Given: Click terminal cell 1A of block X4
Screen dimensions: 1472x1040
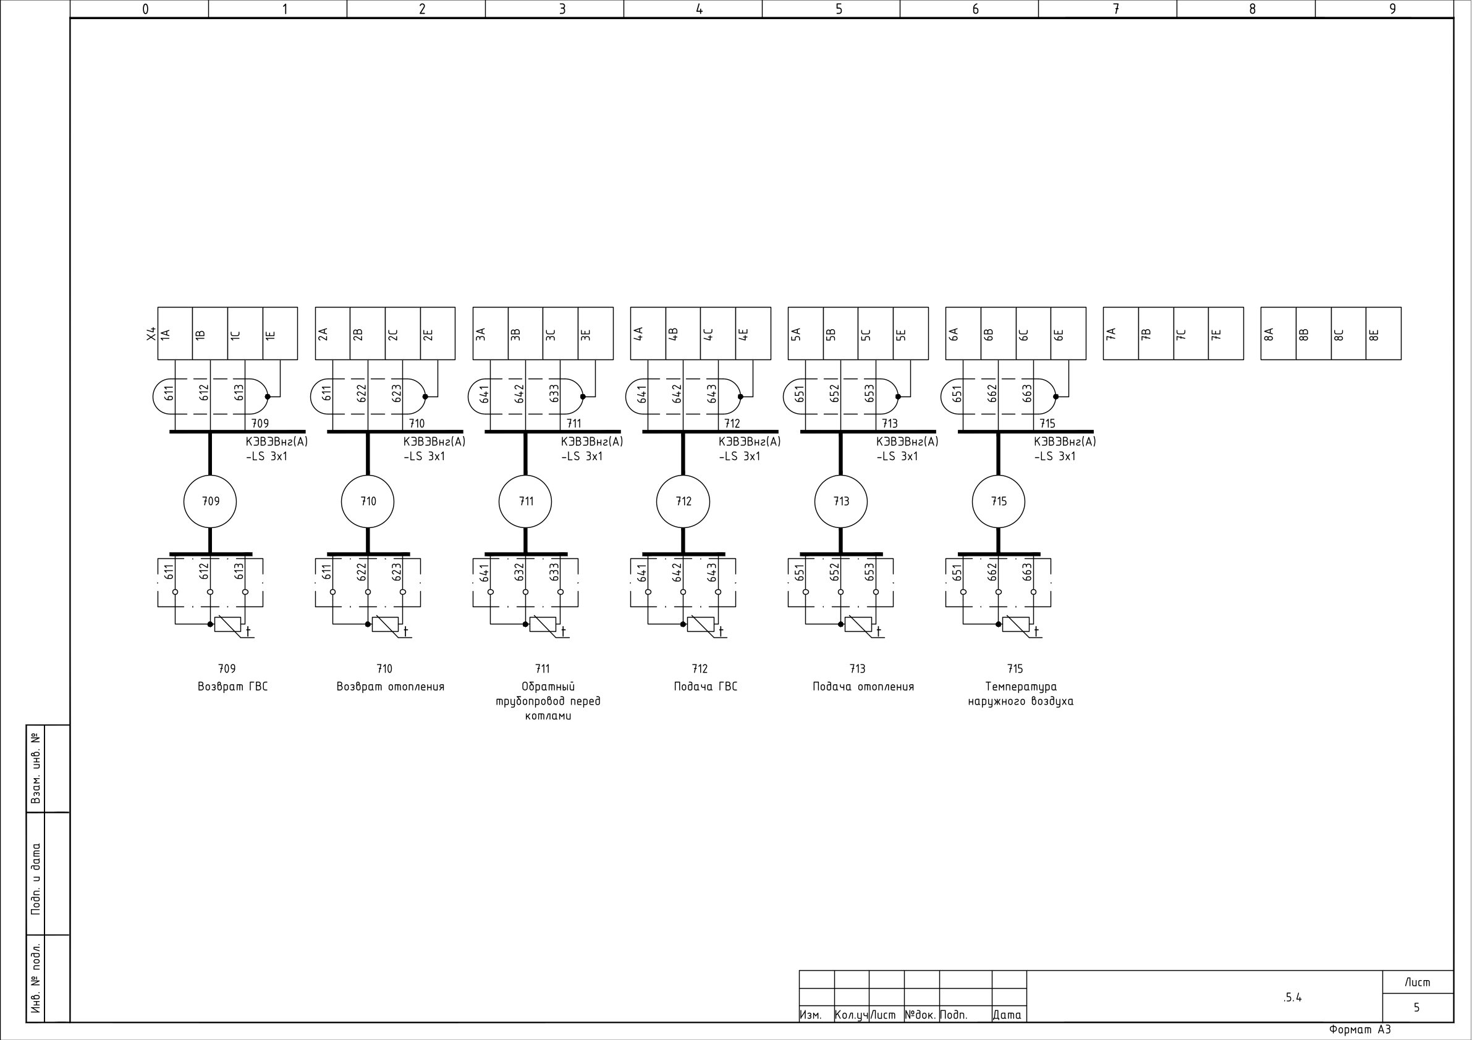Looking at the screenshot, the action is (175, 333).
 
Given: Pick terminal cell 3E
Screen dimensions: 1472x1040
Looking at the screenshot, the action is (596, 333).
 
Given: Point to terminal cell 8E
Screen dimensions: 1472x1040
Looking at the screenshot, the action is (1384, 333).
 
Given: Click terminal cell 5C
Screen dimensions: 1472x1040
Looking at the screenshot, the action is (876, 333).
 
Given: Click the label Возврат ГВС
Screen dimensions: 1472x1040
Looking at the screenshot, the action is (233, 687).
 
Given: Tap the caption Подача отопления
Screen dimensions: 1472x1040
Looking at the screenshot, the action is (863, 687).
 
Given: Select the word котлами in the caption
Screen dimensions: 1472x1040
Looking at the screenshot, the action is (548, 716).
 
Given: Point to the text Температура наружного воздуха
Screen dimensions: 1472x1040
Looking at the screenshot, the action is (1021, 694).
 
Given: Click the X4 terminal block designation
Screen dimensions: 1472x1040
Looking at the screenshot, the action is (151, 334).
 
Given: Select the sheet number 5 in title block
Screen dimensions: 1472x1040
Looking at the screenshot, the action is (1416, 1008).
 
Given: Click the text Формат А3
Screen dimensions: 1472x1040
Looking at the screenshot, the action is (1360, 1030).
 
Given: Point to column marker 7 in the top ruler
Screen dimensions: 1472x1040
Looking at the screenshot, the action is (1115, 9).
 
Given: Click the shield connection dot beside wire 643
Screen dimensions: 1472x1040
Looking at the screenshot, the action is (740, 396).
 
